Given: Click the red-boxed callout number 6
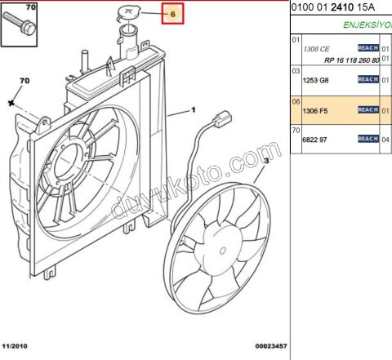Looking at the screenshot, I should [x=173, y=15].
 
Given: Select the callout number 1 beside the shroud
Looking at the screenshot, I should [x=194, y=109].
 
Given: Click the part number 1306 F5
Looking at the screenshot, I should [x=314, y=110].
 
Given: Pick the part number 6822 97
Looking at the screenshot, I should [x=314, y=140].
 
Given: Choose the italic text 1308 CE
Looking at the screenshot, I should [x=316, y=49].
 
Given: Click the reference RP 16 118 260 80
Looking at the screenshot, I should [x=351, y=60].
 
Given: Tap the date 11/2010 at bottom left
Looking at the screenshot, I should [x=16, y=346].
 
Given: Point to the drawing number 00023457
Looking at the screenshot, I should [x=270, y=346].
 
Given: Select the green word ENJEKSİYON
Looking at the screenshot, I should [x=367, y=24].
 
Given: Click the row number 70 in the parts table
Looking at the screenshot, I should [x=296, y=131].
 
